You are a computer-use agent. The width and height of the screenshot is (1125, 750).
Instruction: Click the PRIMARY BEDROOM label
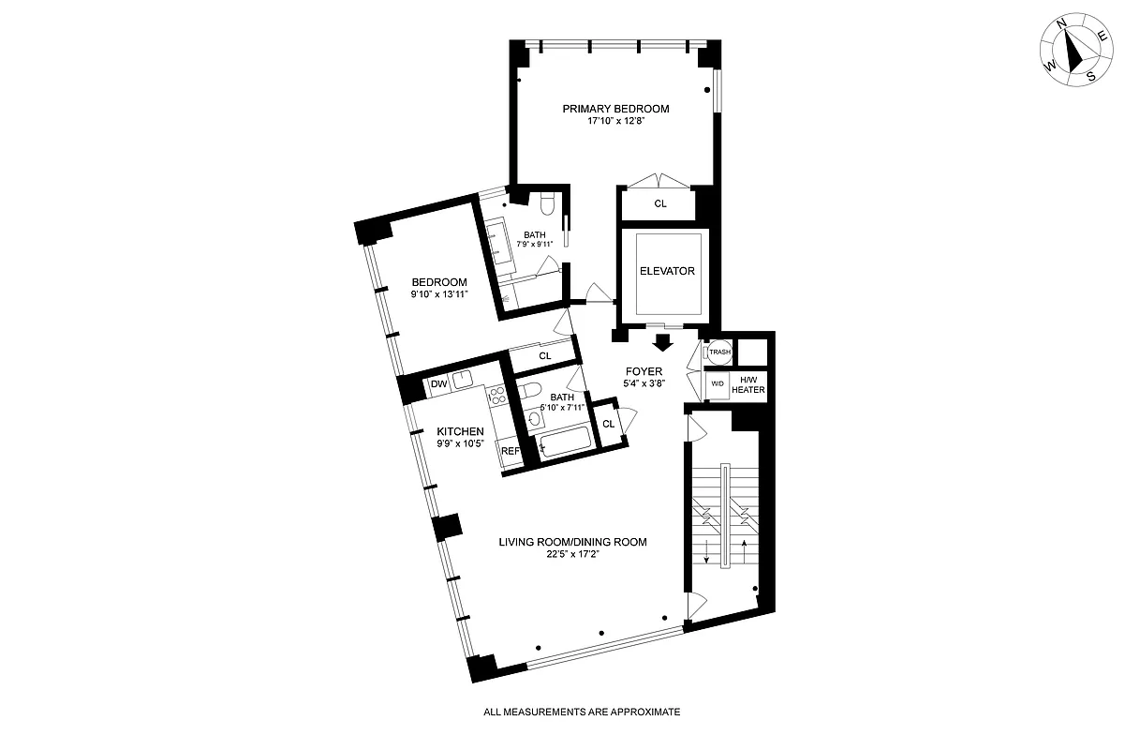point(615,109)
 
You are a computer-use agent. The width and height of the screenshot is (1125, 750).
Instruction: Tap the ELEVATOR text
point(666,272)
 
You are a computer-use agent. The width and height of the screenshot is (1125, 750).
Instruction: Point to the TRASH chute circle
point(718,352)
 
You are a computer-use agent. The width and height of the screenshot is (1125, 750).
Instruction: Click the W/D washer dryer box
point(718,384)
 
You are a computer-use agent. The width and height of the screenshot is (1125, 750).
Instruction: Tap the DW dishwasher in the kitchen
point(437,383)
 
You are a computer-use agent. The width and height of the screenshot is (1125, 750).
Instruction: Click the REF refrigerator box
point(511,451)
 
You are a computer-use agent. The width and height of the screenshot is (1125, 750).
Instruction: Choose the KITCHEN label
point(460,431)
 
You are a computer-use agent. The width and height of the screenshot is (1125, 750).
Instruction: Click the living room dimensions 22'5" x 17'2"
point(572,555)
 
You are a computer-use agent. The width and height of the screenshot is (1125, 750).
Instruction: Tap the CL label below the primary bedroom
point(660,202)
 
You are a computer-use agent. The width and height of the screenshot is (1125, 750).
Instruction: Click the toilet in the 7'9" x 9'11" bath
point(549,203)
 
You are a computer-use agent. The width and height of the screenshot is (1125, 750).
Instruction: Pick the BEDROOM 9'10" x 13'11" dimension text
point(439,294)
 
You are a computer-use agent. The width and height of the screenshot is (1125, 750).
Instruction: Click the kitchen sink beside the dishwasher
point(463,381)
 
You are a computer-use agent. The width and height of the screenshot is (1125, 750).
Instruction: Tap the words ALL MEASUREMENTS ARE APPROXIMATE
point(581,712)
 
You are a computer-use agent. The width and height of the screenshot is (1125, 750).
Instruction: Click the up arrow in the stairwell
point(746,553)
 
